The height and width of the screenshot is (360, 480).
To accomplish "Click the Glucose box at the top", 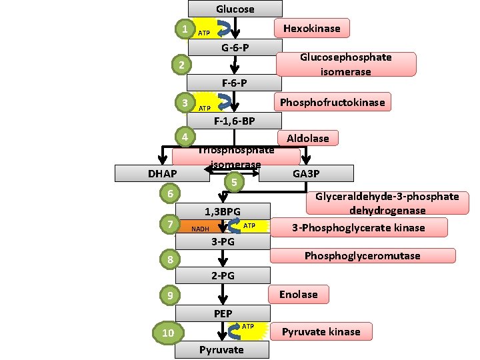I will coord(235,9).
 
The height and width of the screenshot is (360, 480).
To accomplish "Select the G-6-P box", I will coord(235,47).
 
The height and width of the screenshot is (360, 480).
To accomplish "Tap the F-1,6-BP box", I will coord(235,121).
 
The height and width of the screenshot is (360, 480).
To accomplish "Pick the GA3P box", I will coord(306,173).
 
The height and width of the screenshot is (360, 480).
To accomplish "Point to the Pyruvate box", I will coord(222,350).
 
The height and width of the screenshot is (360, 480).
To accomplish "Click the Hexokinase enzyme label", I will coord(312,28).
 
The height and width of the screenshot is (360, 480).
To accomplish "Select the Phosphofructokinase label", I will coord(332,102).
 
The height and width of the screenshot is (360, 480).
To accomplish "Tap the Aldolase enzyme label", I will coord(307,138).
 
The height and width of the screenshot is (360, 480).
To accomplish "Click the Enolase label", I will coord(298,295).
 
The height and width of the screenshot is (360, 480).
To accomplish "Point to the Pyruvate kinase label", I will coord(321,331).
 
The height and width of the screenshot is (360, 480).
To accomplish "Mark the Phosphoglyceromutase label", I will coord(362,256).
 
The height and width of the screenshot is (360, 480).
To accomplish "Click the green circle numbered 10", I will coord(168,333).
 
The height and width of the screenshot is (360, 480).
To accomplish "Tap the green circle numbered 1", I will coord(184,29).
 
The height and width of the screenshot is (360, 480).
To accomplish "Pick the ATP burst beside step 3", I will coord(205,107).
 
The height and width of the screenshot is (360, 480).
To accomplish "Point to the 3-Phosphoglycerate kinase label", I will coord(358,227).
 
